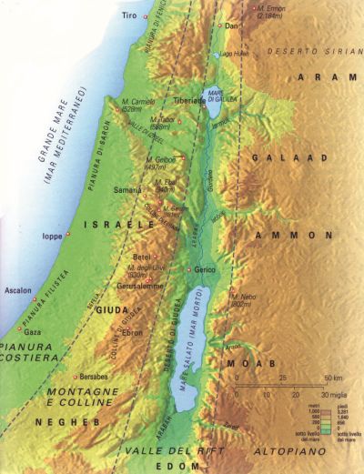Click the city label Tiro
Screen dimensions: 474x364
(x=133, y=15)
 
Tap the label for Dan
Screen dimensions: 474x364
(x=230, y=26)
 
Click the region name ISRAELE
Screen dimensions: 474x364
(x=110, y=223)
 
